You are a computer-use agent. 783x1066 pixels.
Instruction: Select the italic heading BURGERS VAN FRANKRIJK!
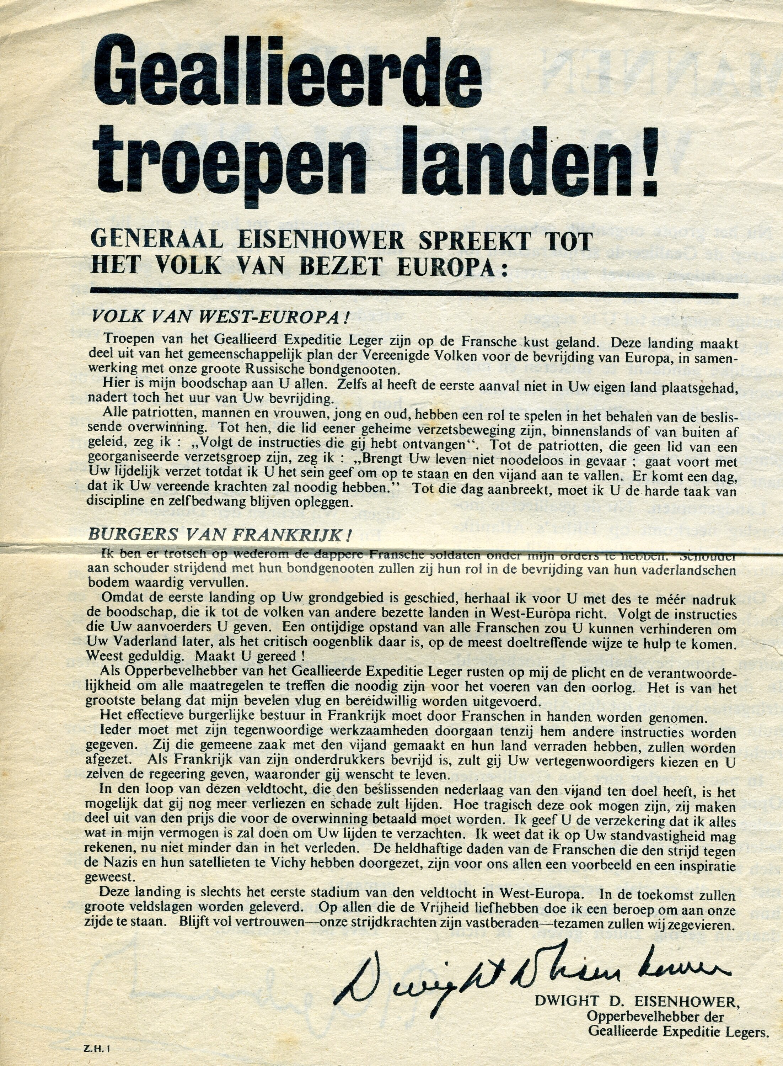(220, 534)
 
